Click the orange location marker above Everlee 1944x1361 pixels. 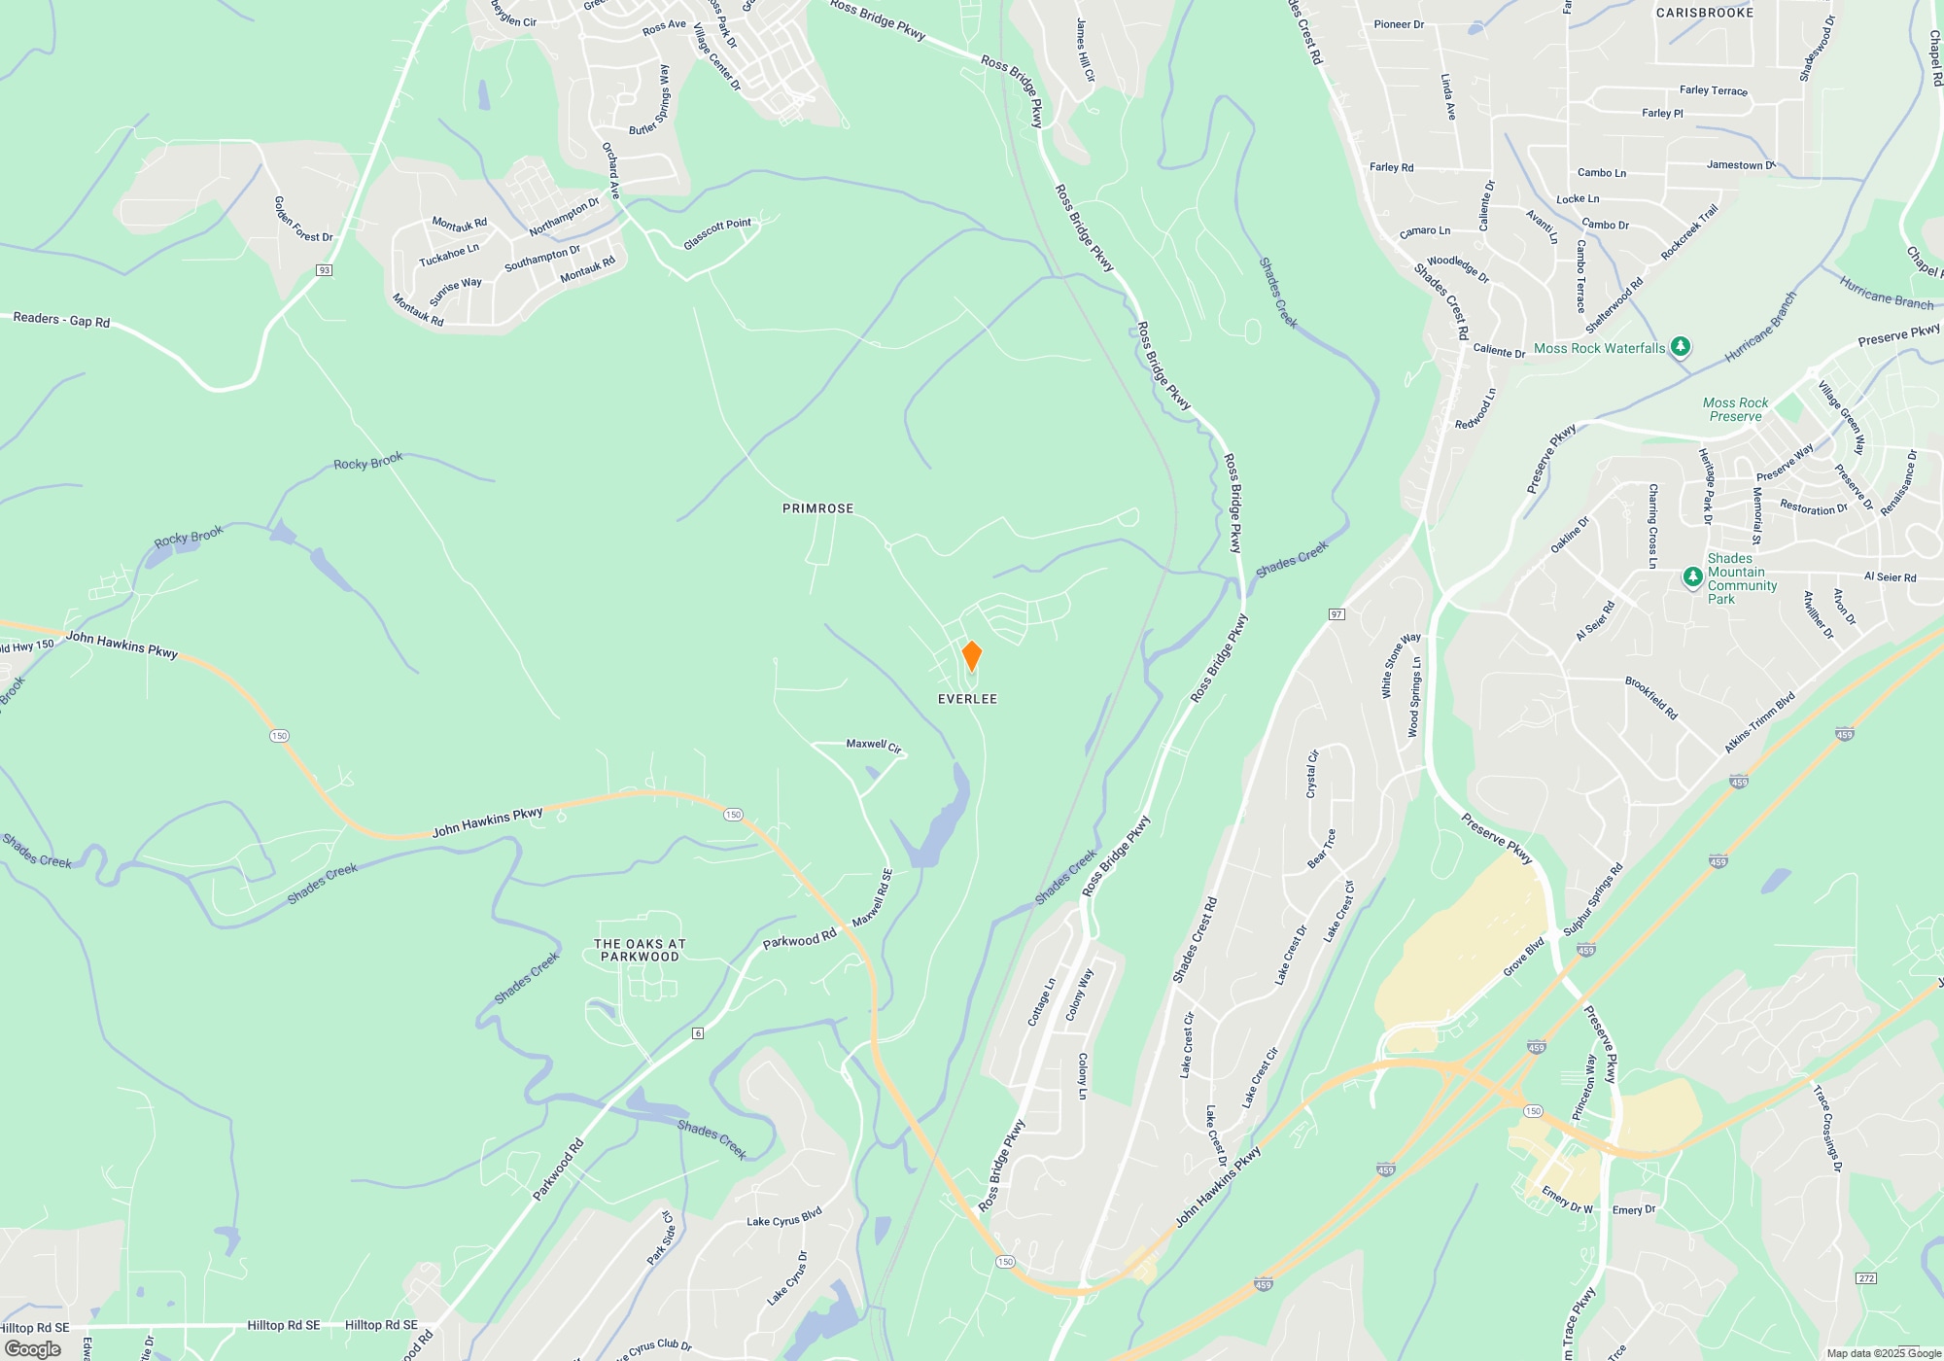click(x=971, y=655)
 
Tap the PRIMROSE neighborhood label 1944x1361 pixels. click(x=817, y=508)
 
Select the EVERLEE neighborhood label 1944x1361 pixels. click(x=967, y=699)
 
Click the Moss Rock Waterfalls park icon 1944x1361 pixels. click(x=1681, y=347)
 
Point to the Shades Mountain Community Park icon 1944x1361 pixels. click(x=1692, y=577)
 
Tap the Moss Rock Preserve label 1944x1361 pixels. click(x=1735, y=409)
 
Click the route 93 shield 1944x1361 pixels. click(x=325, y=270)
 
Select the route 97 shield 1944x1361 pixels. click(x=1336, y=613)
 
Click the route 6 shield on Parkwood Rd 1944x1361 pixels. click(x=697, y=1032)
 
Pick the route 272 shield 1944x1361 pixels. click(x=1865, y=1277)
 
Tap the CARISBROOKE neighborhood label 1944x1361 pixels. click(x=1705, y=13)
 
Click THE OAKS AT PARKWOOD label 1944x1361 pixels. click(x=640, y=950)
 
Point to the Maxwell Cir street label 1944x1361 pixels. click(x=873, y=745)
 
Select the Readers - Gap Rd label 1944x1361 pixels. click(x=61, y=320)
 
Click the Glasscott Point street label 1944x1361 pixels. click(x=717, y=233)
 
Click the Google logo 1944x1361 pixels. click(x=32, y=1348)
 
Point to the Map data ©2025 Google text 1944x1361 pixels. click(x=1883, y=1353)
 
